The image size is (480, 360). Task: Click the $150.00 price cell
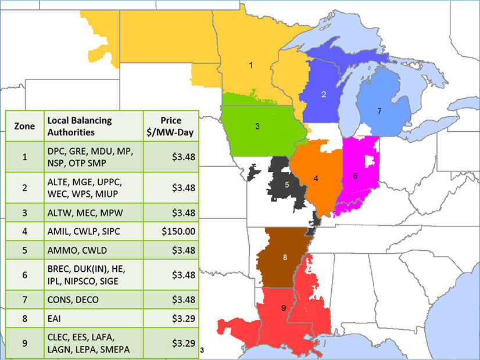click(x=177, y=231)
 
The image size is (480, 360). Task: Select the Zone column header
click(x=24, y=126)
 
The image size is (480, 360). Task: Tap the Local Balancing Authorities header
click(x=93, y=126)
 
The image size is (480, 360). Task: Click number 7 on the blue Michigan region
click(x=379, y=111)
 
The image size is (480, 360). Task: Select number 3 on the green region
click(x=256, y=125)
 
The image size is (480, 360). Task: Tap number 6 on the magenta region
click(x=355, y=174)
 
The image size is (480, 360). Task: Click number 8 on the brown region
click(x=285, y=257)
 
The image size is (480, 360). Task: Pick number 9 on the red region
click(x=283, y=308)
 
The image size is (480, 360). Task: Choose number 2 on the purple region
click(x=324, y=94)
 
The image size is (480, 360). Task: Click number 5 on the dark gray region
click(x=287, y=184)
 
